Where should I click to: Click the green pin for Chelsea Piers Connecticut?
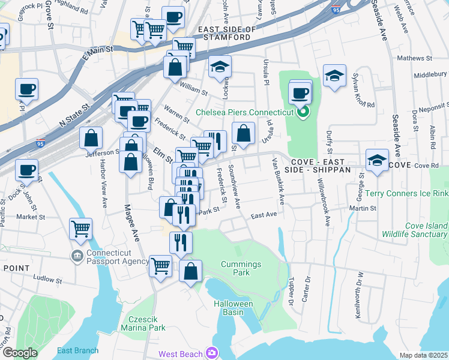coord(303,111)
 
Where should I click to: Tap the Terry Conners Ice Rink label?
coord(408,193)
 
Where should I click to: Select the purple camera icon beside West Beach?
coord(211,353)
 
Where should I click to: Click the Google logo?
coord(20,353)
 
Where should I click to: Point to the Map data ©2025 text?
coord(423,355)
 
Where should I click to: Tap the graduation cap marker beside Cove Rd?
coord(377,161)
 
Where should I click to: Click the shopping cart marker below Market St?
coord(80,228)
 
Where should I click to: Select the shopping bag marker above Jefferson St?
coord(91,137)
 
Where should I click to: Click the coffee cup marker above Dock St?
coord(26,170)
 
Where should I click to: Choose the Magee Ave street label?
coord(131,222)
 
